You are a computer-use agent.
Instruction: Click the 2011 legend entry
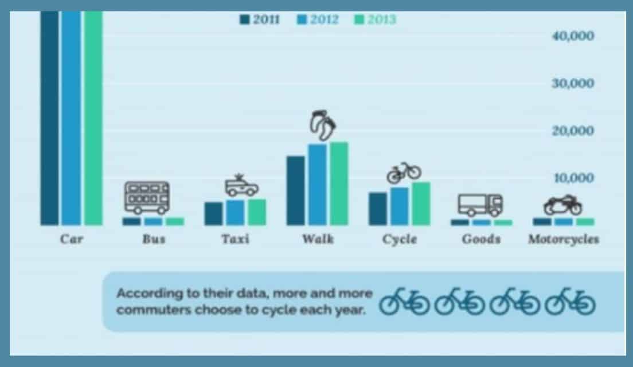260,19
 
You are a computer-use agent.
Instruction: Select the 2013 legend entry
375,19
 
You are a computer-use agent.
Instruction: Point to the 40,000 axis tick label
573,36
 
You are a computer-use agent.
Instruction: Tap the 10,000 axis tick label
573,178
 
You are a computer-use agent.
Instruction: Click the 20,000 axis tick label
573,131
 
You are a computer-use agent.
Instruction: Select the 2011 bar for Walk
295,190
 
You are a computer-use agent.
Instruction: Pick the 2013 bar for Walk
339,183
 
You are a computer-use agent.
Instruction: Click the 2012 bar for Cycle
399,206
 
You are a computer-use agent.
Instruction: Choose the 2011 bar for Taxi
213,213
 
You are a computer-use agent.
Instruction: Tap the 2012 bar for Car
72,118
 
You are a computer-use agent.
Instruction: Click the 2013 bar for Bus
175,221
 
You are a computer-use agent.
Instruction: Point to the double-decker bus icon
147,198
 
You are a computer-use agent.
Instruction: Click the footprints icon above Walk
322,125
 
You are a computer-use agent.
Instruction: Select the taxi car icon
241,186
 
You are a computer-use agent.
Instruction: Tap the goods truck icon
480,205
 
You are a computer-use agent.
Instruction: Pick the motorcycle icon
563,205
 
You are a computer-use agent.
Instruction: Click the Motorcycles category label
564,240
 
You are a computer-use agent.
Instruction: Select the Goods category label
481,240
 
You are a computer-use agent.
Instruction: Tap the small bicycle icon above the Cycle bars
404,173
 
